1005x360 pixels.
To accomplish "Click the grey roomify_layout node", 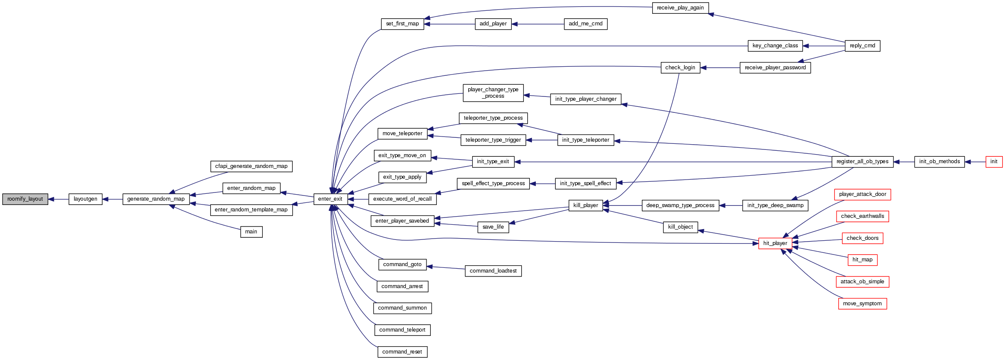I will click(x=25, y=199).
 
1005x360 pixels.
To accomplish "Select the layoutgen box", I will click(x=85, y=199).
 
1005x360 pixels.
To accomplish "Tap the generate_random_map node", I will click(x=156, y=199).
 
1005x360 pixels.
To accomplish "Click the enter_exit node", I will click(x=330, y=199).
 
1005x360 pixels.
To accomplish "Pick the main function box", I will click(x=251, y=232).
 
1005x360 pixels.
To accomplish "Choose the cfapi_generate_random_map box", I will click(x=251, y=166).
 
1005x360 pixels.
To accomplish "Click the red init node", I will click(x=994, y=161).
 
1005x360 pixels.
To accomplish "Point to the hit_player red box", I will click(x=775, y=243).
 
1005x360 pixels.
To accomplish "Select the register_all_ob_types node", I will click(x=862, y=161).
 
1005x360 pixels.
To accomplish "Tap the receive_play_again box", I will click(x=680, y=8).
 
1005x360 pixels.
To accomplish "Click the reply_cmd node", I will click(x=862, y=46).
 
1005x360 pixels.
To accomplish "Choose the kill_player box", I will click(x=585, y=205).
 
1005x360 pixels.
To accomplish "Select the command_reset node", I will click(x=402, y=352).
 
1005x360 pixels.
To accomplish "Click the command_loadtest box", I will click(x=493, y=271).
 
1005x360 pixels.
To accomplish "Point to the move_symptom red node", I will click(x=862, y=304).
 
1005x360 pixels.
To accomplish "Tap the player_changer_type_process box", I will click(x=493, y=93).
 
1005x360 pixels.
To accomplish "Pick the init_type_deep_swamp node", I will click(x=775, y=205).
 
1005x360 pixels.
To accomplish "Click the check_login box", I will click(x=680, y=68).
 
